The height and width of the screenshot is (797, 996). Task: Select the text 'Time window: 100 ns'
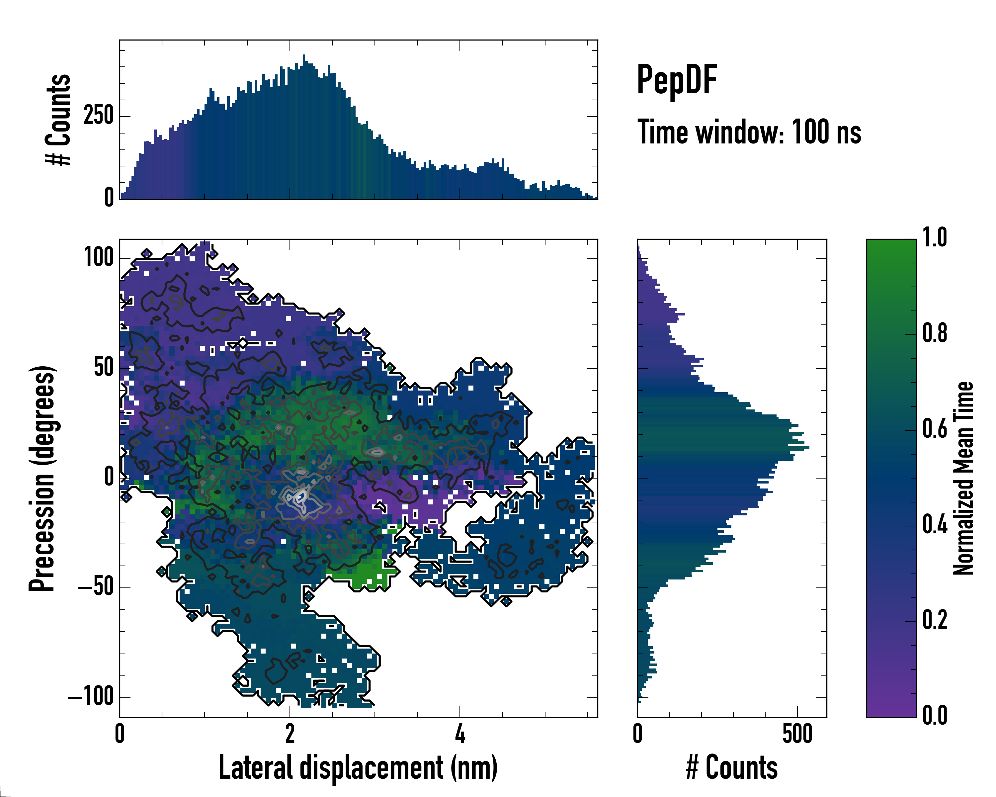749,133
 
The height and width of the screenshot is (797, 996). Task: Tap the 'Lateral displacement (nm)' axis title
358,767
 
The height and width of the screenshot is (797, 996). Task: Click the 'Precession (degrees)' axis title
42,478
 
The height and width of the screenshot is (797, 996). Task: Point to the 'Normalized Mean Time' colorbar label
963,478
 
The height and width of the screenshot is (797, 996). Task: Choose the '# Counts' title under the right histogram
732,767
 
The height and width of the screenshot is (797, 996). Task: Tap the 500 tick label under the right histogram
797,734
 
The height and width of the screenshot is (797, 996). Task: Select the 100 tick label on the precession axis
99,258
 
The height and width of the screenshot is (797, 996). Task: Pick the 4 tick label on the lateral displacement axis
460,734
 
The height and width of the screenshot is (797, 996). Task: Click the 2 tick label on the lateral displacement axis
290,734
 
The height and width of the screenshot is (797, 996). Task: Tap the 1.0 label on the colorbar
935,238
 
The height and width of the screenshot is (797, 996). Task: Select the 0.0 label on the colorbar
935,715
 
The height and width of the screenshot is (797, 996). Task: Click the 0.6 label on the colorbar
935,429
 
